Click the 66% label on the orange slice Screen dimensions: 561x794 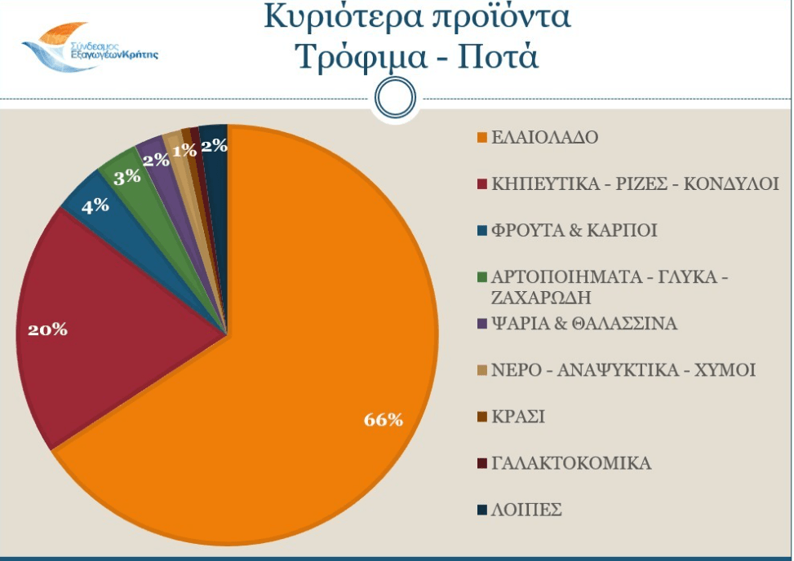point(383,420)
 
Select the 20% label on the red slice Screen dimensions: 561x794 point(47,330)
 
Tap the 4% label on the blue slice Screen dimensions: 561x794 point(95,205)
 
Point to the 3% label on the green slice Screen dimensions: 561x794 point(126,176)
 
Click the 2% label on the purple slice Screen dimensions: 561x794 point(155,159)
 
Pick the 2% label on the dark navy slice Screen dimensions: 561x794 point(214,146)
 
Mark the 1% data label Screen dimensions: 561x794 point(184,150)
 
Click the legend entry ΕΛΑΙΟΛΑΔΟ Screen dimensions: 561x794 point(544,137)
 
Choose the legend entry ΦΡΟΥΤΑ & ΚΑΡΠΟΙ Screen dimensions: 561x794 point(574,231)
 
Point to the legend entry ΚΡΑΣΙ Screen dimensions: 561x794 point(518,417)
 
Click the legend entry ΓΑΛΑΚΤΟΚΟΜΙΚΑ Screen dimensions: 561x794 point(571,464)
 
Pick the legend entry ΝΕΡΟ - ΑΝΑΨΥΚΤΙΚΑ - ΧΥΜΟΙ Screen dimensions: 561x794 point(623,371)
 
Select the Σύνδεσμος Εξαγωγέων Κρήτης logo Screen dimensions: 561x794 point(91,47)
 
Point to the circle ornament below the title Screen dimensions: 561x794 point(396,97)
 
